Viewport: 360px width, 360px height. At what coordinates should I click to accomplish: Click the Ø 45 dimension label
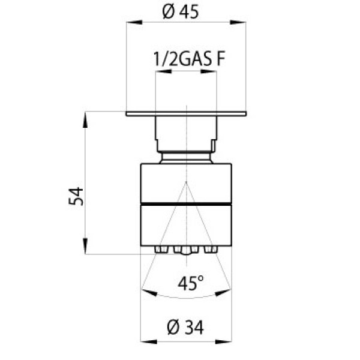[180, 12]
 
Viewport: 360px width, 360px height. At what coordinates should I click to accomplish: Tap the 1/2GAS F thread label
[189, 59]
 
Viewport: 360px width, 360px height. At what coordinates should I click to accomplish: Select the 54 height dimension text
[76, 196]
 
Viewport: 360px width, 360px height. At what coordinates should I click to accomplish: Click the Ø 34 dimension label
[185, 327]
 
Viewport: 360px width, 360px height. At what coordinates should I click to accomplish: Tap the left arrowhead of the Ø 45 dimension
[134, 22]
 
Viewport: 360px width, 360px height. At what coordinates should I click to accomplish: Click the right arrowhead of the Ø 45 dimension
[238, 22]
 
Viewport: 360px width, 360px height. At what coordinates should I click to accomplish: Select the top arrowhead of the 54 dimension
[85, 119]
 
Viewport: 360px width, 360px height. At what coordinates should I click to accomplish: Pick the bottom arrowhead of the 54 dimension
[85, 246]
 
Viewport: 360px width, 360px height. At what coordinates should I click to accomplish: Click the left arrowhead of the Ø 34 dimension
[149, 341]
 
